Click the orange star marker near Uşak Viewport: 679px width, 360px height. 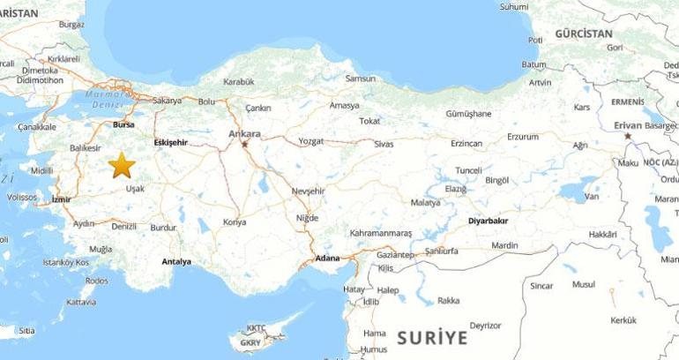pos(121,165)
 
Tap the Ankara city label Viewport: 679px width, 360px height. pos(244,134)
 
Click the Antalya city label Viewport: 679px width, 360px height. pos(177,262)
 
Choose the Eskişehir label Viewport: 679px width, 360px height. pos(170,142)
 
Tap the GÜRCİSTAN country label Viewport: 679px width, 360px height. pos(583,33)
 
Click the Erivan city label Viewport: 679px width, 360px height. pos(627,126)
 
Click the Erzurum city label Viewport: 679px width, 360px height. pos(522,137)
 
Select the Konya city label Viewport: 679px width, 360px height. pos(235,222)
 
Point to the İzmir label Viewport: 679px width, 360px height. pos(61,199)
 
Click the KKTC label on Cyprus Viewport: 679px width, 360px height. pos(256,327)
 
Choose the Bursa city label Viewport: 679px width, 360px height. pos(123,125)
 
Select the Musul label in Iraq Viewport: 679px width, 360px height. pos(584,284)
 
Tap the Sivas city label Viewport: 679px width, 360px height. pos(383,142)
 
